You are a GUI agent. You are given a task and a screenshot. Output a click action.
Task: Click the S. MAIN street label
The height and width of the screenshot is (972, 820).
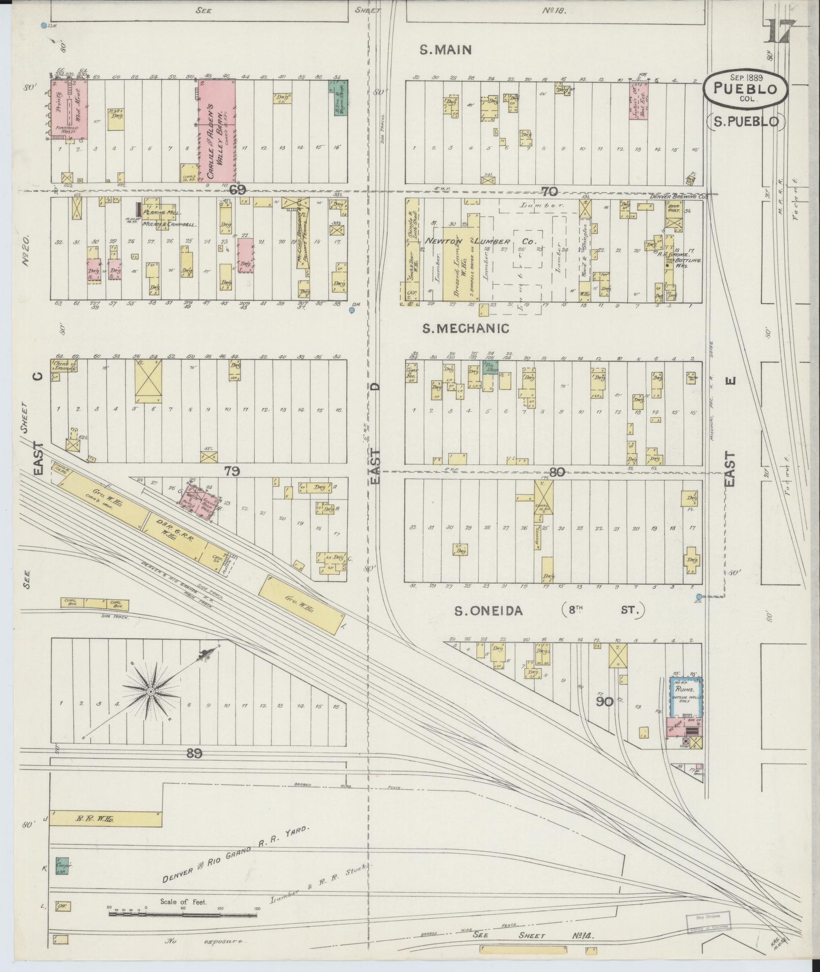[x=446, y=50]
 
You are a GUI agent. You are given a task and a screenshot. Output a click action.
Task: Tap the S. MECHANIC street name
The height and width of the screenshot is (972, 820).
[x=466, y=329]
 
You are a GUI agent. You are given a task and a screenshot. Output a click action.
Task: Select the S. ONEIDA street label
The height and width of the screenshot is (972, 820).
[x=488, y=610]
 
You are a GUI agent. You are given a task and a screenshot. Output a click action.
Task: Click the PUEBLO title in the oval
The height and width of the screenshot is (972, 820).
[x=745, y=89]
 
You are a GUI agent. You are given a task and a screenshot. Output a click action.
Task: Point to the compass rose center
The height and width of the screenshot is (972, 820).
[x=150, y=693]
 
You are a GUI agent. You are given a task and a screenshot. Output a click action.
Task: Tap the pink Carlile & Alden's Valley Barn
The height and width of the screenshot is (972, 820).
[x=217, y=131]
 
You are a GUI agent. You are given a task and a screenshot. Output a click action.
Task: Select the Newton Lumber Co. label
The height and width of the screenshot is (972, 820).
[x=480, y=242]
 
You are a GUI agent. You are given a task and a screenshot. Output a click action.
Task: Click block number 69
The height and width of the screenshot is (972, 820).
[x=237, y=191]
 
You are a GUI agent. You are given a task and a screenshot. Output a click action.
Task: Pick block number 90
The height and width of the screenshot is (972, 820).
[x=604, y=702]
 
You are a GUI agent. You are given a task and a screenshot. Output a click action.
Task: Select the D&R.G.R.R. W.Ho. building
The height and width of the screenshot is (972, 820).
[x=176, y=528]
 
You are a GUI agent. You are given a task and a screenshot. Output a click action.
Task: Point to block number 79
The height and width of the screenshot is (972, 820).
[x=231, y=472]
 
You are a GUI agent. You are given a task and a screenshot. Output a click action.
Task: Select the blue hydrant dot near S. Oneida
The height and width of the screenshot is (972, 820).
[x=699, y=597]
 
